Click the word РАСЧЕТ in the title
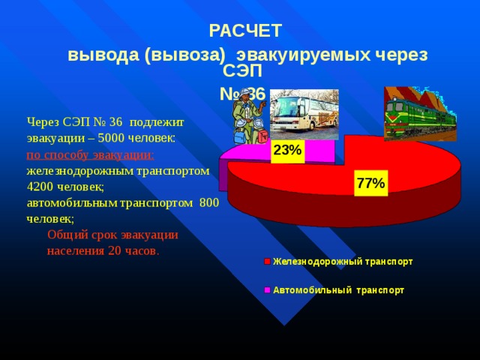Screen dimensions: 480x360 point(245,31)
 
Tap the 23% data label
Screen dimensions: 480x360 point(287,150)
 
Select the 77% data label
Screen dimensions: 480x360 point(370,183)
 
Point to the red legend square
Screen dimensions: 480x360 point(267,262)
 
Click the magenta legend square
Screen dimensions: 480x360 point(267,290)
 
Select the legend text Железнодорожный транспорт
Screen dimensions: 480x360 point(343,262)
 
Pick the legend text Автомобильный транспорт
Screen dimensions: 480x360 point(338,290)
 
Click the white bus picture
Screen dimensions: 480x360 point(304,115)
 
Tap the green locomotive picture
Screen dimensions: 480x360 point(420,114)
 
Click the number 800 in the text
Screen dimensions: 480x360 point(209,202)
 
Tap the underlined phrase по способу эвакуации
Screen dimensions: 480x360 point(90,155)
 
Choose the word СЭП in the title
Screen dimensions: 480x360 point(242,71)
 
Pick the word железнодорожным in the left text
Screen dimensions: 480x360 point(80,171)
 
